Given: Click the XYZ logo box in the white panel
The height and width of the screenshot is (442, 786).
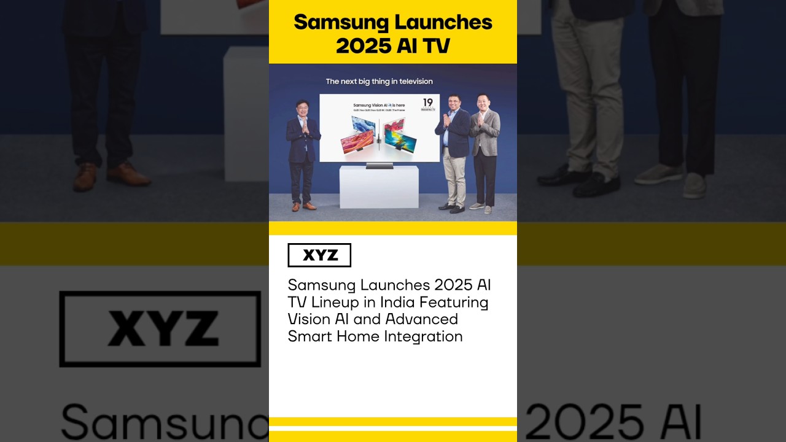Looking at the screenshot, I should pyautogui.click(x=319, y=255).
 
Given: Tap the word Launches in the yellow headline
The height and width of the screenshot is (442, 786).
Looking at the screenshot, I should pyautogui.click(x=443, y=23).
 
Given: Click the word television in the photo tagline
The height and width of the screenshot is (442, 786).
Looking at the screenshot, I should pyautogui.click(x=413, y=82).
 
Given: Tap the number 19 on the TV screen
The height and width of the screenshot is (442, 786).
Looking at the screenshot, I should pyautogui.click(x=427, y=102).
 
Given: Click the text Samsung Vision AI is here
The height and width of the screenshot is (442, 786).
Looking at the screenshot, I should pyautogui.click(x=379, y=106).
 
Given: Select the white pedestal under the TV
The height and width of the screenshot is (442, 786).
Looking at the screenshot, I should pyautogui.click(x=379, y=187).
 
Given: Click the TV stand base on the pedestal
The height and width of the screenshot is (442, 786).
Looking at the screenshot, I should pyautogui.click(x=379, y=165).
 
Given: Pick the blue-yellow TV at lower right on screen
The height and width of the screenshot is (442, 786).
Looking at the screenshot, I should pyautogui.click(x=400, y=141).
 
